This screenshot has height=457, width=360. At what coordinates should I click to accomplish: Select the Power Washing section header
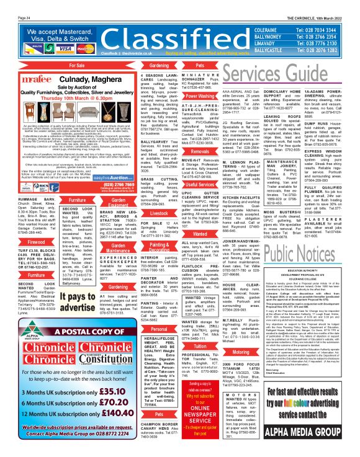pos(199,96)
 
